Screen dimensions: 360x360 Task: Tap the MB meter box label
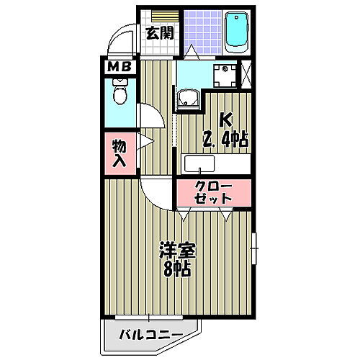point(118,68)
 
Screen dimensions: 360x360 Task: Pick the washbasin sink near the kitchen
point(189,101)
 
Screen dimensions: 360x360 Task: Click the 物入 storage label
point(120,153)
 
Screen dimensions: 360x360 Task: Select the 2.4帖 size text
point(225,139)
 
